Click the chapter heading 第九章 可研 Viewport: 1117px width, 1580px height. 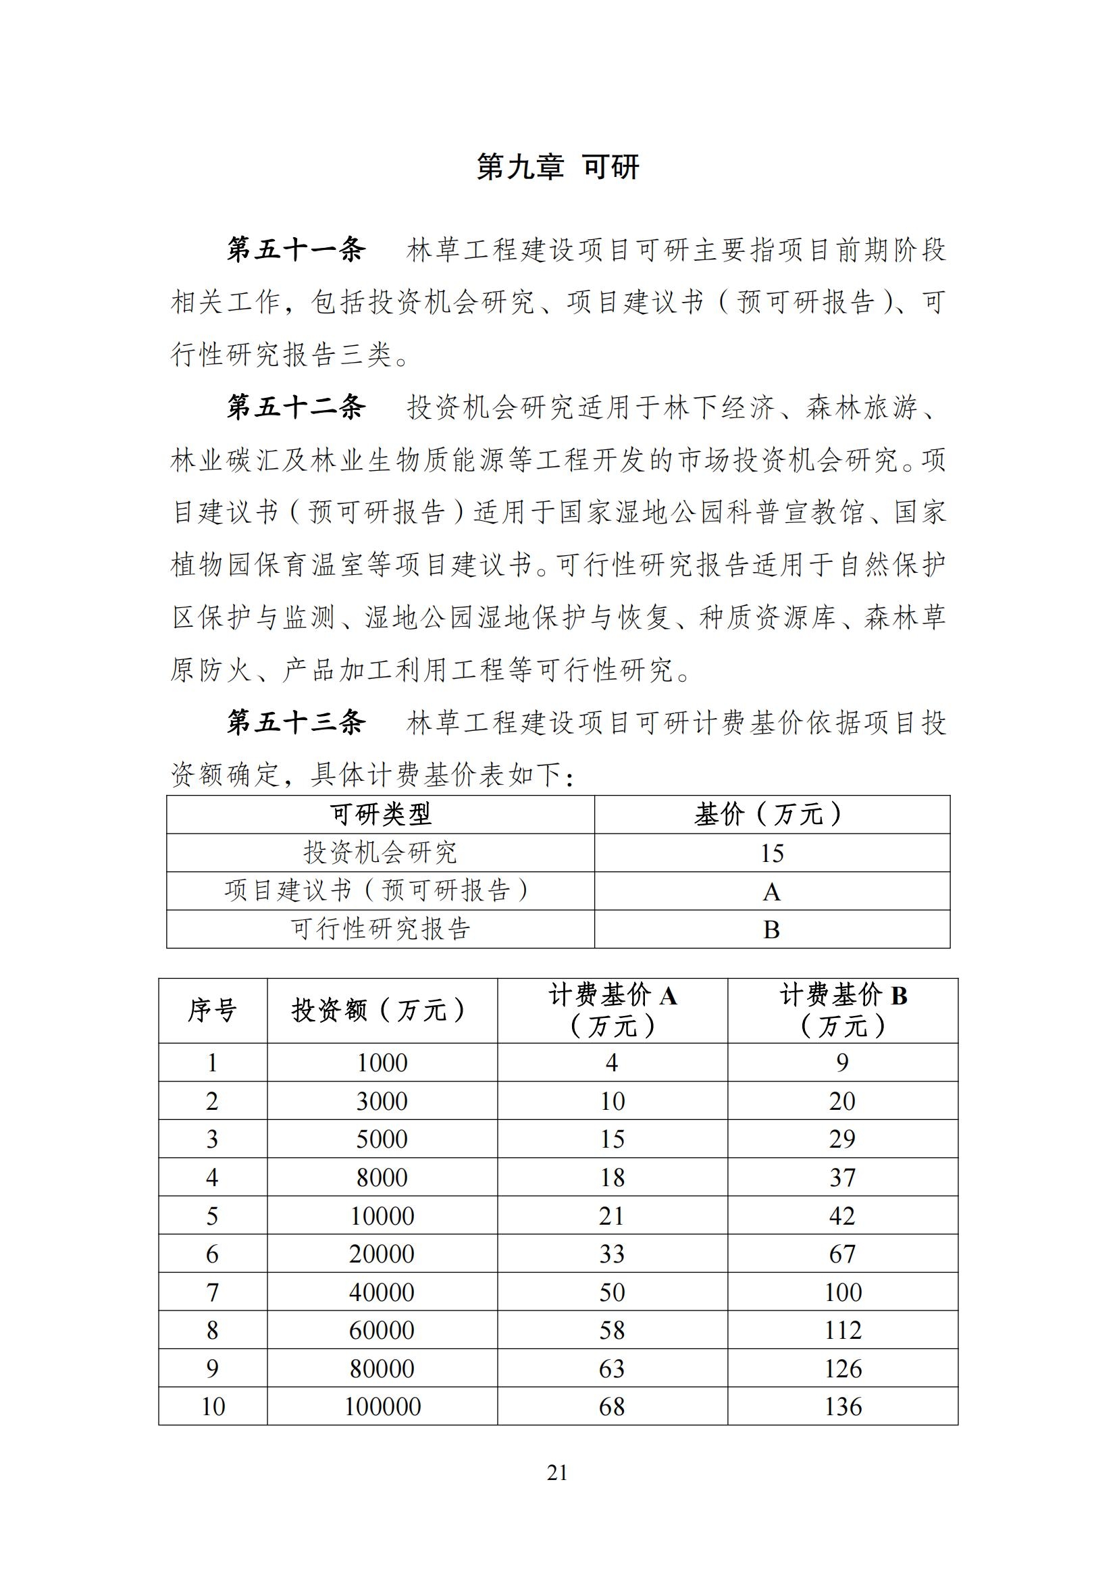(x=558, y=168)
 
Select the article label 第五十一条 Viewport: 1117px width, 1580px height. (x=296, y=250)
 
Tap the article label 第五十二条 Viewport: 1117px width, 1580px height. (x=296, y=407)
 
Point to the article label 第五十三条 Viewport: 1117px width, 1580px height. (x=296, y=723)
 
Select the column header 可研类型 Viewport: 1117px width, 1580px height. (x=380, y=815)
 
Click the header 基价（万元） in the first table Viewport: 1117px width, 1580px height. (x=771, y=815)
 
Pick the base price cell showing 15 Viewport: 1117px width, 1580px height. (x=772, y=853)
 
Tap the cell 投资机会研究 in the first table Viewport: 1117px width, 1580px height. (x=380, y=853)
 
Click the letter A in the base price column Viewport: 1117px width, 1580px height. (x=772, y=892)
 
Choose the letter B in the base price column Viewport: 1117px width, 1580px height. (x=772, y=929)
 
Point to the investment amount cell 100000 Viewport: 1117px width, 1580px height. (x=382, y=1406)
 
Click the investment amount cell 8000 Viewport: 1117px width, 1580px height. (x=382, y=1177)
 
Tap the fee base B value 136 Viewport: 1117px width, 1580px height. (x=843, y=1406)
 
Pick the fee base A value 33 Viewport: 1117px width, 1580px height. (x=612, y=1254)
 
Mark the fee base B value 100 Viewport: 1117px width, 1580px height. (x=843, y=1292)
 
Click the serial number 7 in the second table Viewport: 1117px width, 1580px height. (x=213, y=1292)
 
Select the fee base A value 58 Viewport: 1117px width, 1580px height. (x=612, y=1330)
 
